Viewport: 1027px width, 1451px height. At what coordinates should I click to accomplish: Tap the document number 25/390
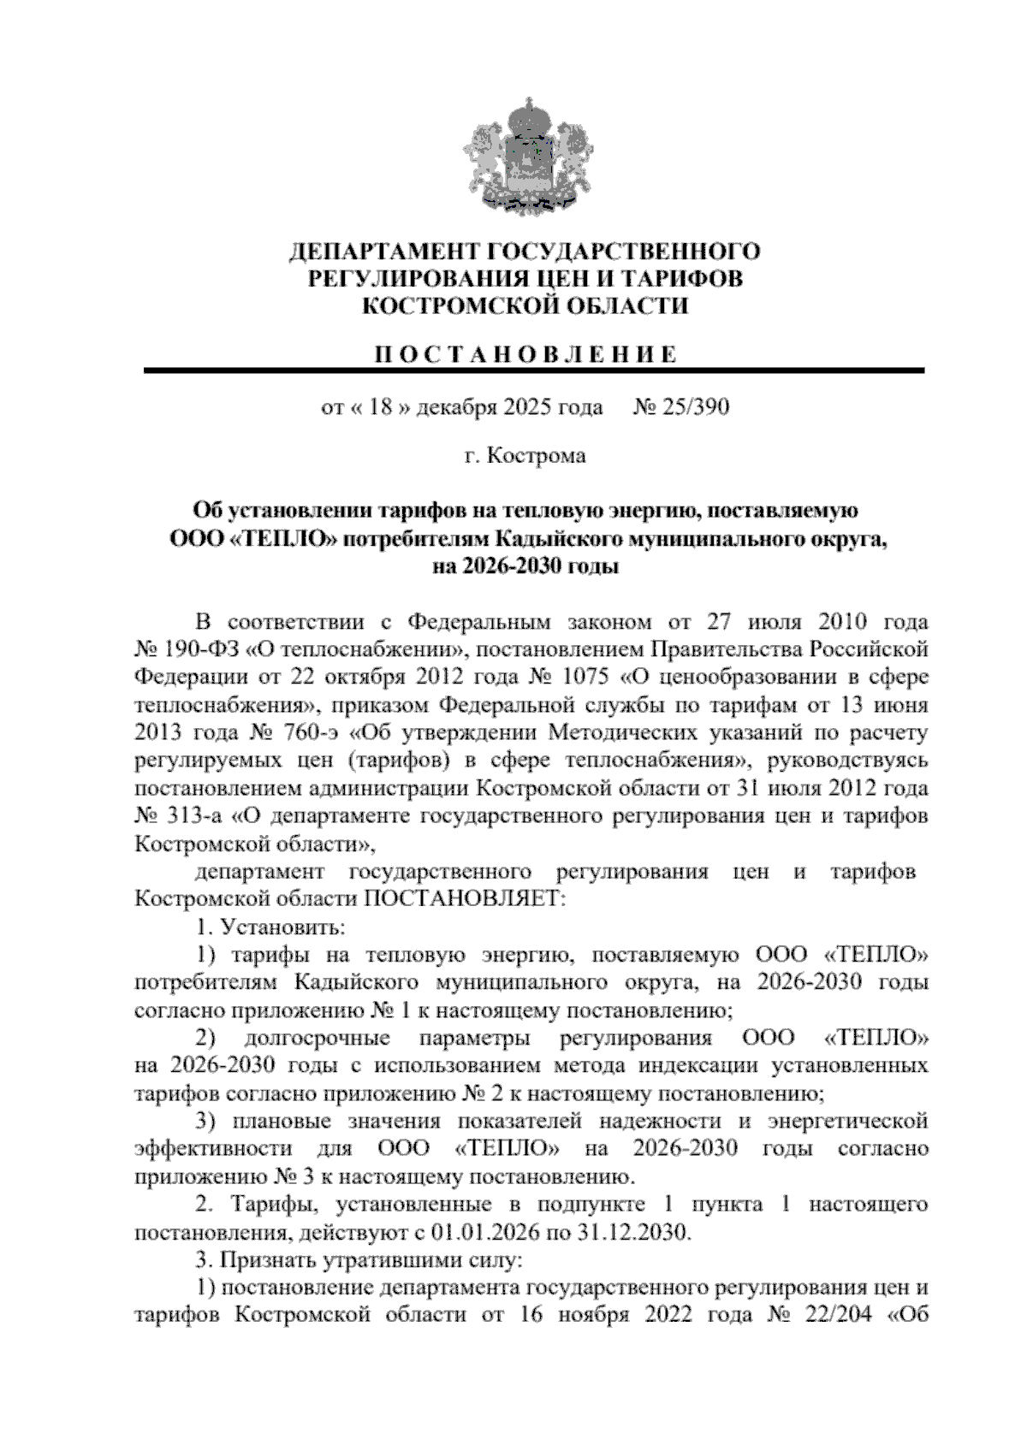click(693, 407)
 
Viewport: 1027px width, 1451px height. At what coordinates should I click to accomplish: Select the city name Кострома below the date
click(537, 456)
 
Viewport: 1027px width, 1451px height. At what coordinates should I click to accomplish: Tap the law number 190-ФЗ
click(199, 648)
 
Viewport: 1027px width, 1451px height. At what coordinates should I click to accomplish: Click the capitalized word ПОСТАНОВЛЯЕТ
click(465, 899)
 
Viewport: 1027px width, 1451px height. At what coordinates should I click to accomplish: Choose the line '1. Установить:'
click(270, 927)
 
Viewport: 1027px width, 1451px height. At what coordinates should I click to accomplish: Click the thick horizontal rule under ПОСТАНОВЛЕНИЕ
click(533, 371)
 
